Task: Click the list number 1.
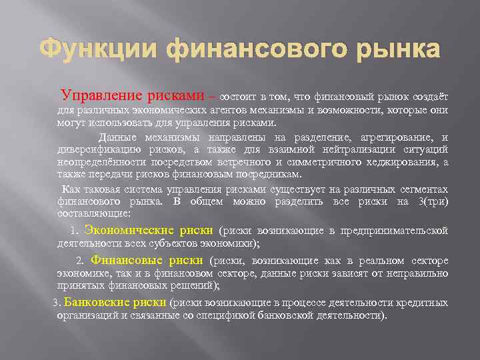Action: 74,231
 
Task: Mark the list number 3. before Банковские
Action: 57,303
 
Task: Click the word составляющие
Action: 94,214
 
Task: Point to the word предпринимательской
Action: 394,231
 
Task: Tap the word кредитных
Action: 423,303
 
